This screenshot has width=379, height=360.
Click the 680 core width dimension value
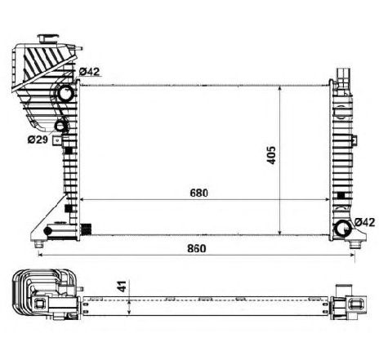click(x=200, y=193)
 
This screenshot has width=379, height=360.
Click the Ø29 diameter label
click(x=36, y=140)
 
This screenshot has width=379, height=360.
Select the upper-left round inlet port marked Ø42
click(x=66, y=96)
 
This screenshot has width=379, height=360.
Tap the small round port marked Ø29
click(x=62, y=127)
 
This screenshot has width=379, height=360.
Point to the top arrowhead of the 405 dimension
click(x=282, y=85)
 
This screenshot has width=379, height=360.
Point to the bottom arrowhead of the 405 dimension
click(x=282, y=233)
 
